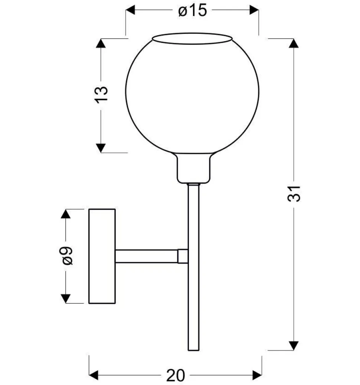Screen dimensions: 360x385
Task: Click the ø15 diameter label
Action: coord(193,10)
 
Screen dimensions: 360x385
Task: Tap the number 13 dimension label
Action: coord(101,95)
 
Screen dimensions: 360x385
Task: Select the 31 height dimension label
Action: coord(294,194)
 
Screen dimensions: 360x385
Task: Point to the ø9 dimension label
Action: coord(66,256)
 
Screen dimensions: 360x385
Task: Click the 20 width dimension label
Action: coord(176,375)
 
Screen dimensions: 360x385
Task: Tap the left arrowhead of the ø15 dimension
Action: coord(130,10)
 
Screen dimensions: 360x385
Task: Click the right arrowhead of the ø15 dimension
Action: coord(254,10)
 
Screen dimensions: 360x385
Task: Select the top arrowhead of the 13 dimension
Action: coord(101,43)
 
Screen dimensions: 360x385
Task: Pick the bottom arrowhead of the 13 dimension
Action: coord(101,148)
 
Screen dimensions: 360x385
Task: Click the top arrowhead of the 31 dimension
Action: coord(294,43)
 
